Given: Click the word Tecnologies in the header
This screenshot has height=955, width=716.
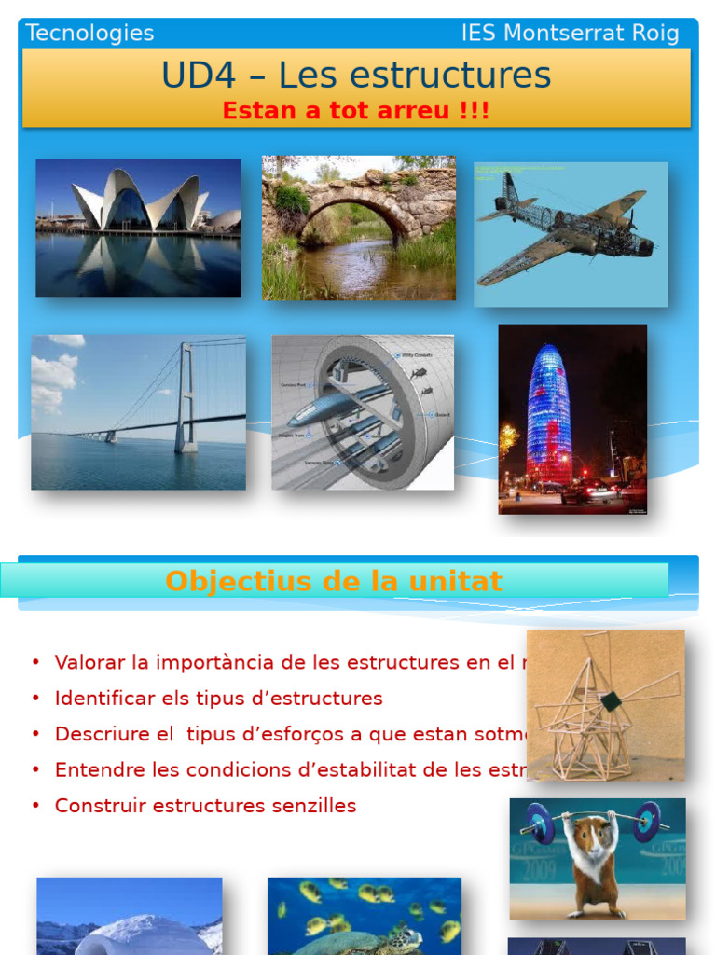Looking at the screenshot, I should pyautogui.click(x=89, y=34).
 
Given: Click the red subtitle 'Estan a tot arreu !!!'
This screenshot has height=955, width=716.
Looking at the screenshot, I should pyautogui.click(x=355, y=111).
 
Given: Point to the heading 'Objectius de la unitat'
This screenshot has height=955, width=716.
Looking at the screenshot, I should pyautogui.click(x=334, y=581).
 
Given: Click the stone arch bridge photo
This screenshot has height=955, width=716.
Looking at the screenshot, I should pyautogui.click(x=359, y=228).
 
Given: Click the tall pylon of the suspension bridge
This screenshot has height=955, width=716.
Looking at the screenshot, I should pyautogui.click(x=186, y=396).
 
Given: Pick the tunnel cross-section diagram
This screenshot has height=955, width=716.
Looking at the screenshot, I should pyautogui.click(x=363, y=412).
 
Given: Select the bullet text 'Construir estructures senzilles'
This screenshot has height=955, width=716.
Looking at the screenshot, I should pyautogui.click(x=205, y=806).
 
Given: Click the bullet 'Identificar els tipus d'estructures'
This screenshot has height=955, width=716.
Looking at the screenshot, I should pyautogui.click(x=218, y=699).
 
